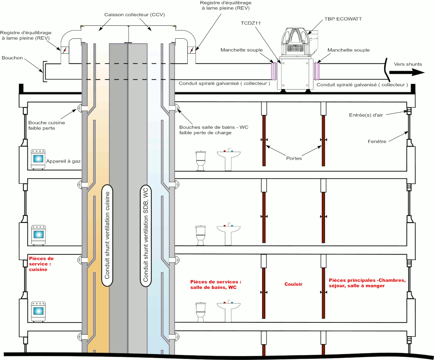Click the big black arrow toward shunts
click(x=407, y=72)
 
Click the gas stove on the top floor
click(x=39, y=160)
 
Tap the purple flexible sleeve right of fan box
click(x=317, y=70)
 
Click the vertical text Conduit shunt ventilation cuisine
click(x=107, y=236)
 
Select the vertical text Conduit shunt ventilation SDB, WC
click(x=145, y=236)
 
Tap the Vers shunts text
click(x=408, y=64)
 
